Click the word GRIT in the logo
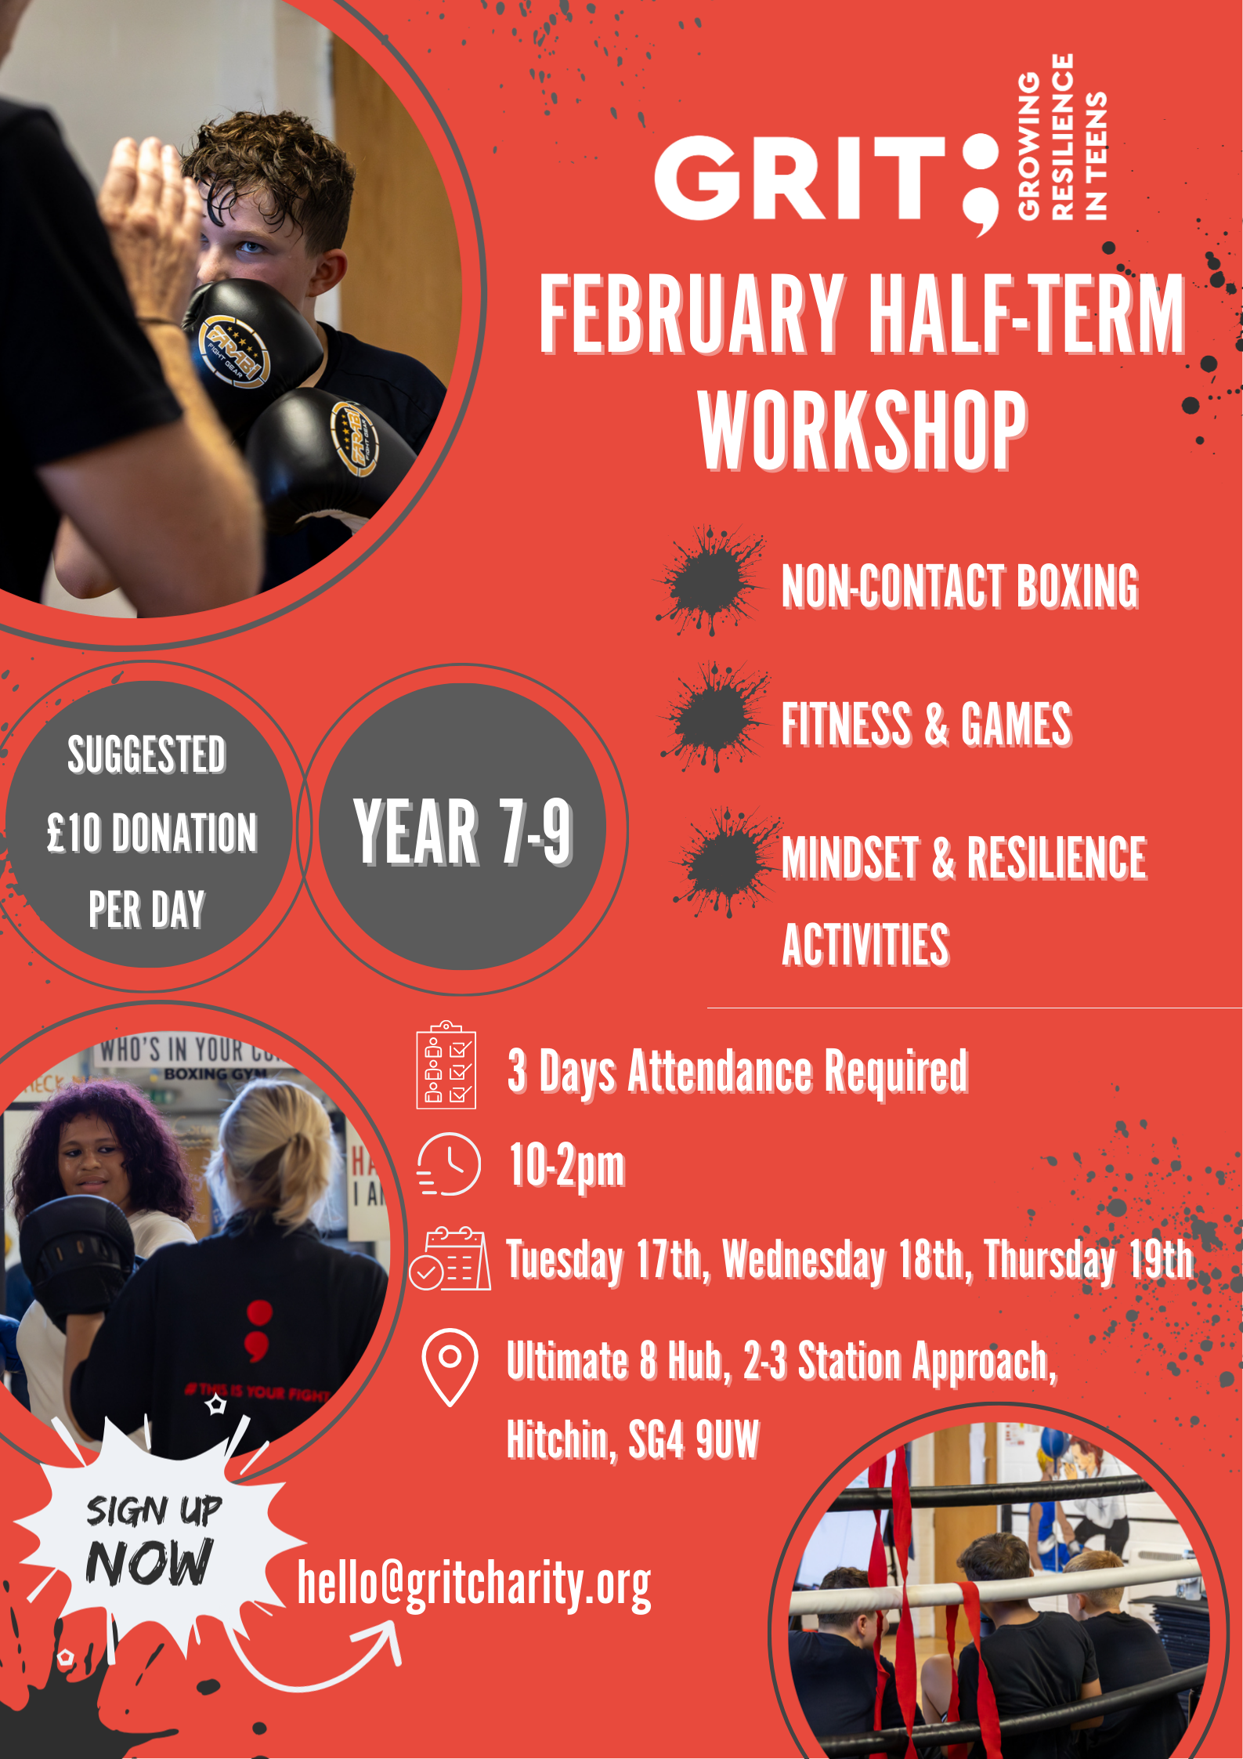pos(800,178)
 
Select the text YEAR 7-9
pos(463,831)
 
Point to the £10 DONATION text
pos(152,832)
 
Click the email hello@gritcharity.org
pos(474,1583)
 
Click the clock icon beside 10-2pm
pos(448,1164)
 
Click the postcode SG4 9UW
pos(694,1439)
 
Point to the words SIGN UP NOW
pos(150,1540)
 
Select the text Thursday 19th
pos(1089,1260)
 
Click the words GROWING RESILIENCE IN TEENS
pos(1061,136)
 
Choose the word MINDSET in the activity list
pos(850,858)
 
